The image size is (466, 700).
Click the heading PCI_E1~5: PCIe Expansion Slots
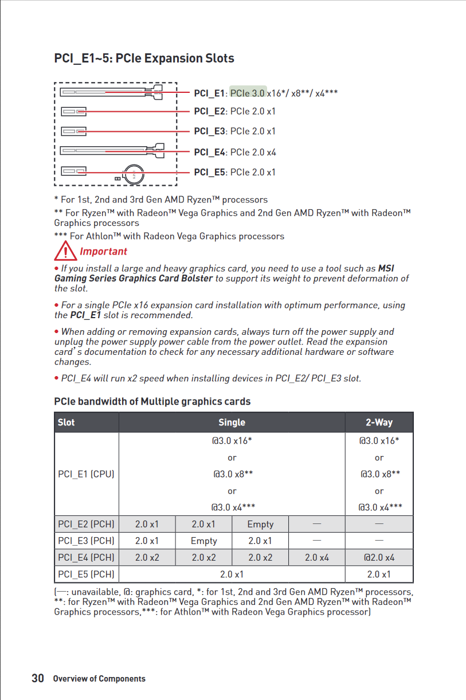[144, 58]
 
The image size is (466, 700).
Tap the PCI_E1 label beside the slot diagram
[210, 93]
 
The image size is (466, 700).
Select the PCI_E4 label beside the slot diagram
[210, 152]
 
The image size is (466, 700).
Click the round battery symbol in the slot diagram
[135, 172]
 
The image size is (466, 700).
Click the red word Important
[103, 251]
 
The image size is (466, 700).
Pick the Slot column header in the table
[66, 423]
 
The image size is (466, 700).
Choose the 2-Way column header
[379, 423]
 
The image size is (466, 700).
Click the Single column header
[232, 423]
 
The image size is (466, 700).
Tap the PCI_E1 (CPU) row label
[87, 474]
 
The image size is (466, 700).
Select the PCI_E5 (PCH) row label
[87, 574]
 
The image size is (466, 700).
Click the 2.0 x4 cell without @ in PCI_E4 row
[317, 557]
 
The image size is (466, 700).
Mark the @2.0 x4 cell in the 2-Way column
[379, 557]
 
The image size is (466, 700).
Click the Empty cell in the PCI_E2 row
[260, 524]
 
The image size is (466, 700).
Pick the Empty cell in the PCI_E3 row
[203, 541]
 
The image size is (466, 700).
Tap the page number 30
[38, 678]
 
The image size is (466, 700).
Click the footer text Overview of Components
[99, 679]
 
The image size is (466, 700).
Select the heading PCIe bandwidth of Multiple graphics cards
[152, 401]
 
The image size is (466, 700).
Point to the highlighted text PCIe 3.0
[248, 93]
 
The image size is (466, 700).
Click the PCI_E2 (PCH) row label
[87, 524]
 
